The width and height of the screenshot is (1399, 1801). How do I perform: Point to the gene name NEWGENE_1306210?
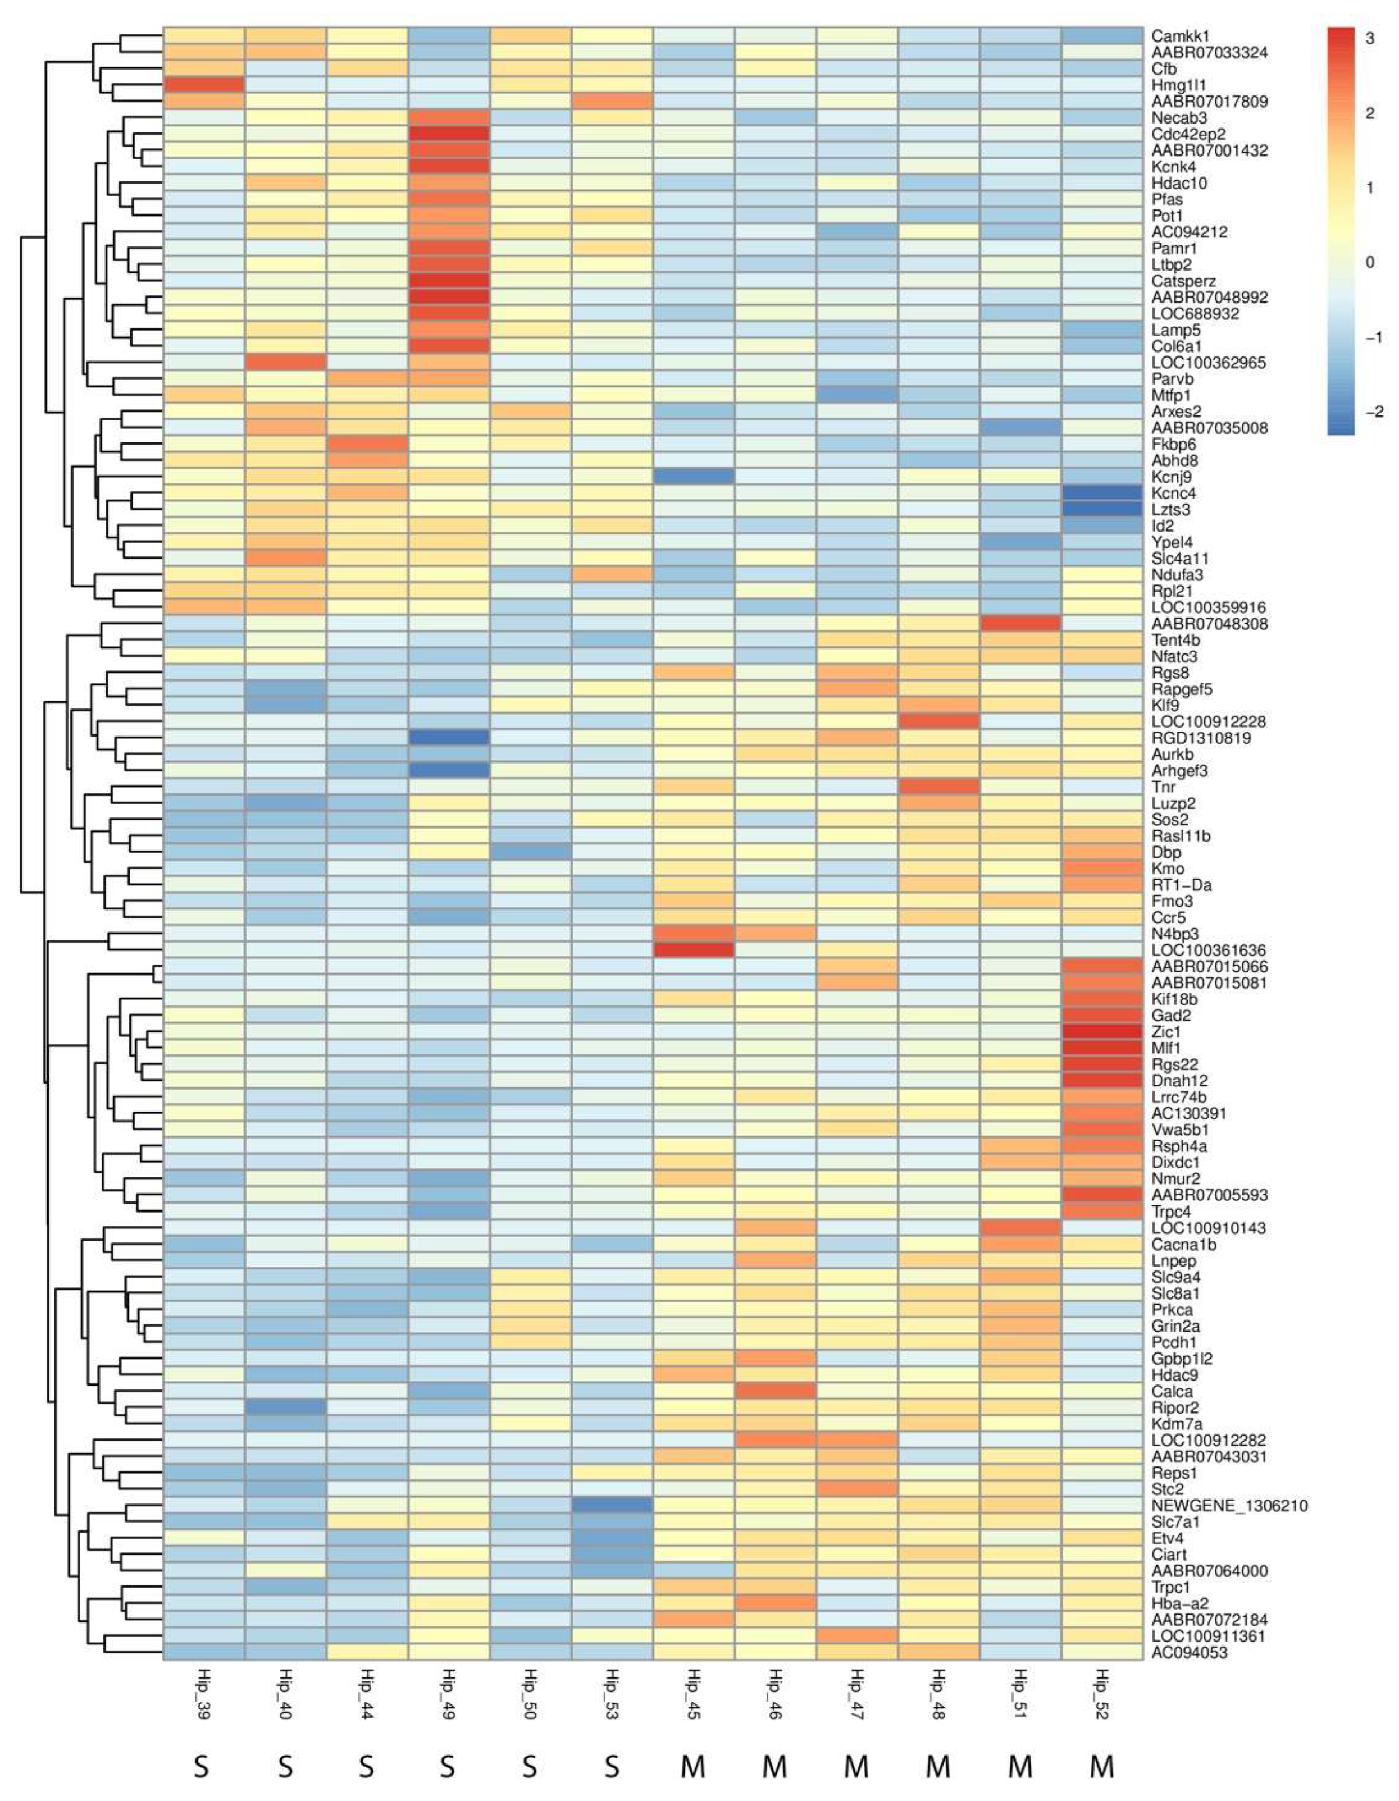[1229, 1506]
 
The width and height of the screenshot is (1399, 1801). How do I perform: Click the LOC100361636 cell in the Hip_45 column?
[693, 950]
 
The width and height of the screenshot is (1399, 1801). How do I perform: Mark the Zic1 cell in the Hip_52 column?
[1102, 1032]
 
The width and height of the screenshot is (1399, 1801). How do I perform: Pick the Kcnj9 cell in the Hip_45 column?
[693, 477]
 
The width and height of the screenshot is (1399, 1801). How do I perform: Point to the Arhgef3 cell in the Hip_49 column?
[448, 770]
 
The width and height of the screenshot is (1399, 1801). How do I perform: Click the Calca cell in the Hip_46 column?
[774, 1391]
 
